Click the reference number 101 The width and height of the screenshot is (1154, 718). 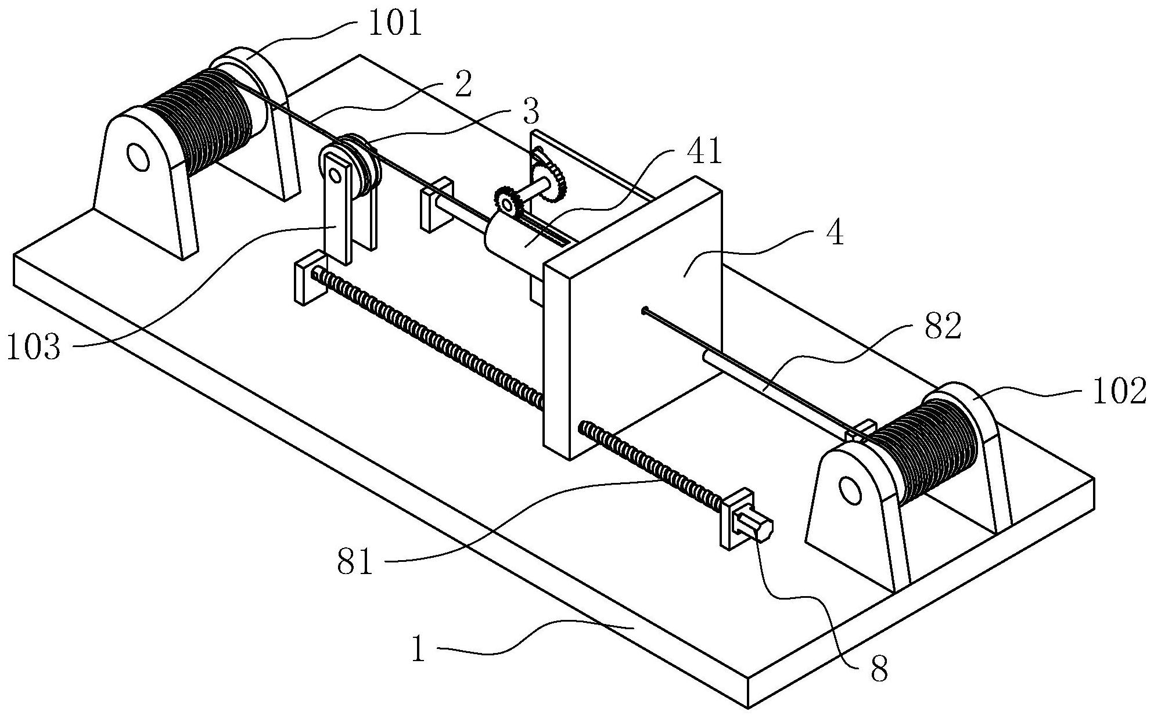[x=396, y=24]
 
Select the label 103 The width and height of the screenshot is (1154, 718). [x=33, y=349]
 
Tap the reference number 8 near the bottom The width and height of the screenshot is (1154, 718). [x=879, y=671]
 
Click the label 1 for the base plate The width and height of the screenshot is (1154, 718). [x=419, y=650]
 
